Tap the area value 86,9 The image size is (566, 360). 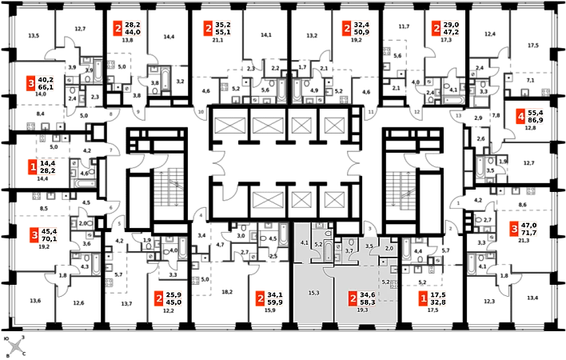536,123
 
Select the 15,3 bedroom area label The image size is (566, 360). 313,293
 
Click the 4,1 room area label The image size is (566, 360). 304,241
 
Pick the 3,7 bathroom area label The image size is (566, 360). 349,250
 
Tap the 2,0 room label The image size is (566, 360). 389,249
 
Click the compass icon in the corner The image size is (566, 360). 14,346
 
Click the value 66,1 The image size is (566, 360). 46,87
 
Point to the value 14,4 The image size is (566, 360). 46,162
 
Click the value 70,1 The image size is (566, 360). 48,238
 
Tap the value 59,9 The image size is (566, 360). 276,303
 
